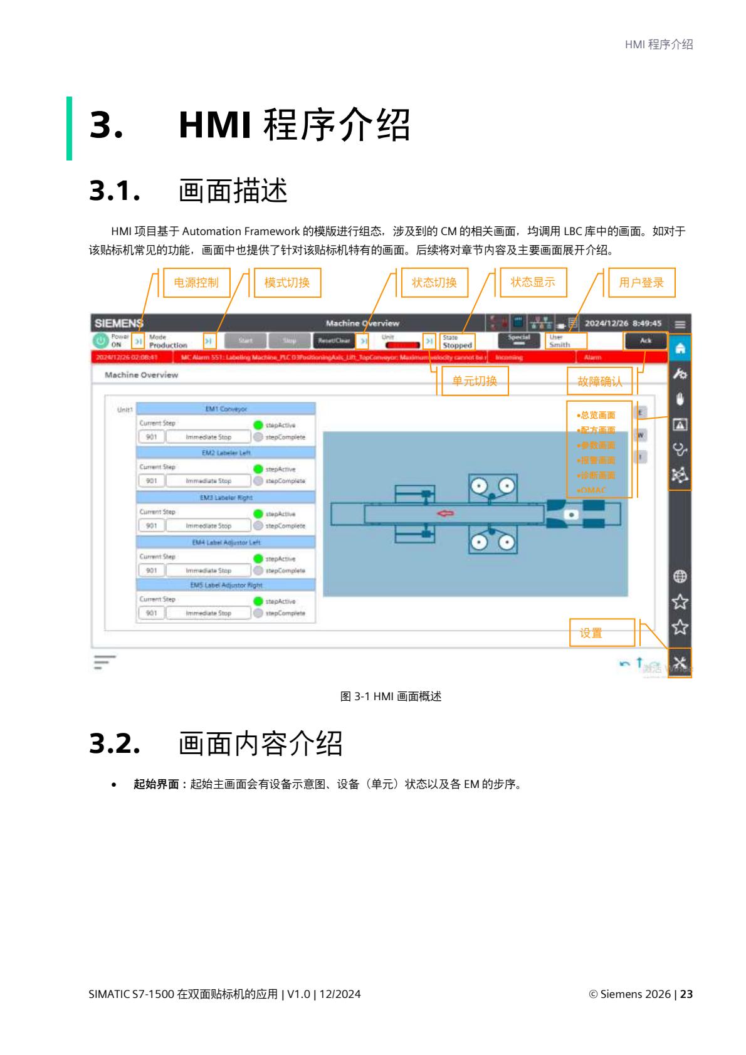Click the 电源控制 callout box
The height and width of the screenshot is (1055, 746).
coord(196,283)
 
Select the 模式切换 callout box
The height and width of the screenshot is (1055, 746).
coord(287,283)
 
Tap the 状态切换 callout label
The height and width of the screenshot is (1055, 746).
coord(434,283)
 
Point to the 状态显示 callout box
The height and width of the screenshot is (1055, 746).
coord(533,282)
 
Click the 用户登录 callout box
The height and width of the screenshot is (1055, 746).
coord(641,283)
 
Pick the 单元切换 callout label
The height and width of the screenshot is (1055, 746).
coord(475,381)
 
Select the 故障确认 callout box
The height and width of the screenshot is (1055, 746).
coord(599,381)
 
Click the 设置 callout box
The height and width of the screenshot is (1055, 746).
coord(591,633)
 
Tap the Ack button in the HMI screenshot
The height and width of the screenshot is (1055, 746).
coord(645,341)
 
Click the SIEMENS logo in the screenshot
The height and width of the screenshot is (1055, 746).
coord(118,323)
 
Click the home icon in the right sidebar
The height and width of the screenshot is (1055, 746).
coord(680,348)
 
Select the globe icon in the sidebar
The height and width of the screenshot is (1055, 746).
coord(680,575)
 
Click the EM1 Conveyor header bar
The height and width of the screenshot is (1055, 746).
coord(226,409)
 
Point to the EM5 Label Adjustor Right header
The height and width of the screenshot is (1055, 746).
coord(226,585)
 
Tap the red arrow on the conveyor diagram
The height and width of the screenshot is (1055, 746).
coord(446,513)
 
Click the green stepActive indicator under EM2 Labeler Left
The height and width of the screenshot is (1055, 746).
coord(258,469)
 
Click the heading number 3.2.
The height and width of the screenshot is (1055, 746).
coord(113,743)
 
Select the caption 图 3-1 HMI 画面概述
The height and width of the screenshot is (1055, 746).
coord(391,696)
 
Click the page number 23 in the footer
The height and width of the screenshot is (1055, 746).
coord(686,994)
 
